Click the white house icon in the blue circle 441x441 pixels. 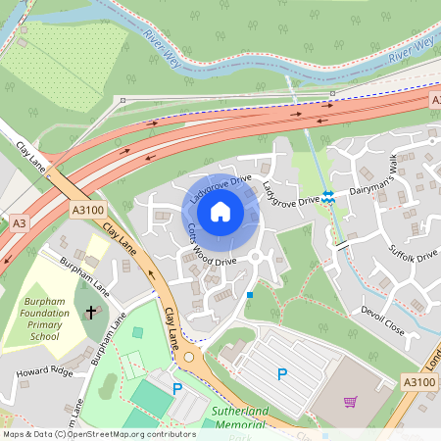(x=220, y=211)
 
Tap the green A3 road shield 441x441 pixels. (x=19, y=223)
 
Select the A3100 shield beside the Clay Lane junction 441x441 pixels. (x=86, y=209)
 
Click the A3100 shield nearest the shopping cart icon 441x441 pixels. (x=418, y=381)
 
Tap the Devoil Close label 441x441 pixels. (x=382, y=318)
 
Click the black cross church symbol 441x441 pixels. (x=92, y=313)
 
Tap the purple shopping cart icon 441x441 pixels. (x=350, y=401)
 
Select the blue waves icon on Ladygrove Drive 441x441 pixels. (x=330, y=197)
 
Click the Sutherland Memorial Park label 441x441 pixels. (x=238, y=419)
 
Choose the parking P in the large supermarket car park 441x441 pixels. (x=282, y=373)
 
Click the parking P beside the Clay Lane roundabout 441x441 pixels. (x=177, y=389)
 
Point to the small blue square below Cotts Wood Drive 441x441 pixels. (x=250, y=294)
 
